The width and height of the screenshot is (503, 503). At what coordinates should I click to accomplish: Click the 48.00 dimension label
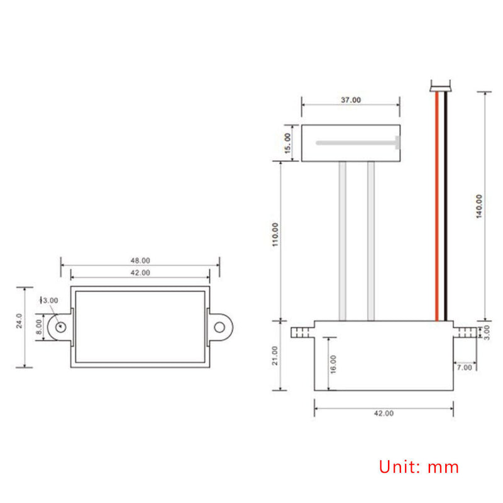coord(140,260)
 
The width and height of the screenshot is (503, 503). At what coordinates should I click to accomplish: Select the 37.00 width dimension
coord(351,100)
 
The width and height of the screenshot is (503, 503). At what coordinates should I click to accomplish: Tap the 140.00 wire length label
coord(479,206)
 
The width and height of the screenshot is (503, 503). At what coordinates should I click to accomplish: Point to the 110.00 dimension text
coord(275,235)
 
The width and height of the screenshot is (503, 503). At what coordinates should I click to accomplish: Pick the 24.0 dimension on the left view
coord(19,321)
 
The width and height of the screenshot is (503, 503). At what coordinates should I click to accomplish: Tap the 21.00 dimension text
coord(275,355)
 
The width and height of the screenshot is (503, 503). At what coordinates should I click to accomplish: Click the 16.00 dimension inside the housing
coord(333,364)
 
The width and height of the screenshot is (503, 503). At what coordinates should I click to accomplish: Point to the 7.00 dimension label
coord(466,367)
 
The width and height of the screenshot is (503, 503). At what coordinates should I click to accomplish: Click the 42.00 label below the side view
coord(384,414)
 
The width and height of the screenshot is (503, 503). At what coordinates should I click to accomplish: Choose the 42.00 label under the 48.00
coord(140,273)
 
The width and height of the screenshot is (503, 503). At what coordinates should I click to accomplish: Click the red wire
coord(435,207)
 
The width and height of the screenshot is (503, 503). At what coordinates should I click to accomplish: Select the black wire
coord(444,207)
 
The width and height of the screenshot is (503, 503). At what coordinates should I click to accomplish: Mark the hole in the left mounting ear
coord(60,326)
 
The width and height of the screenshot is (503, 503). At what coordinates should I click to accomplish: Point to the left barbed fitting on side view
coord(302,331)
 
